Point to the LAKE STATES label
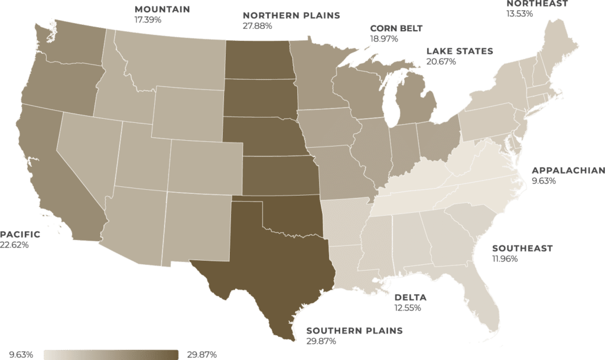point(459,51)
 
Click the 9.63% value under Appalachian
point(544,181)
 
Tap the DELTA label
point(410,297)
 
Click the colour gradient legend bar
point(110,354)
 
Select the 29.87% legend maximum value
point(201,355)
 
